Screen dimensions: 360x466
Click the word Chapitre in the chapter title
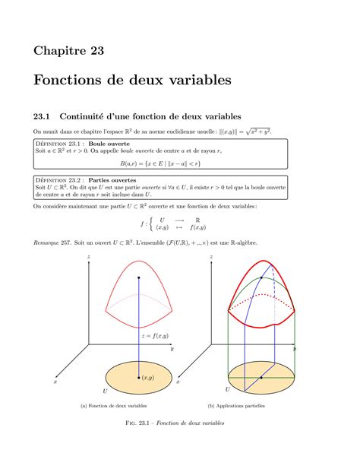coord(59,51)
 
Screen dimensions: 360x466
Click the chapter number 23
coord(95,51)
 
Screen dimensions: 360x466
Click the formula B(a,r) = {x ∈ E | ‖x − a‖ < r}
coord(160,163)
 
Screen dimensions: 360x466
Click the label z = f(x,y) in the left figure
coord(154,335)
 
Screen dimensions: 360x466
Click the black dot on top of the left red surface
coord(138,278)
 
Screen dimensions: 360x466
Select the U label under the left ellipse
coord(105,390)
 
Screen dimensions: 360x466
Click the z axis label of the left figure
coord(89,258)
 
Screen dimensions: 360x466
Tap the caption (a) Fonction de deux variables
coord(114,405)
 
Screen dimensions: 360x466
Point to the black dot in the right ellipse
coord(261,378)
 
